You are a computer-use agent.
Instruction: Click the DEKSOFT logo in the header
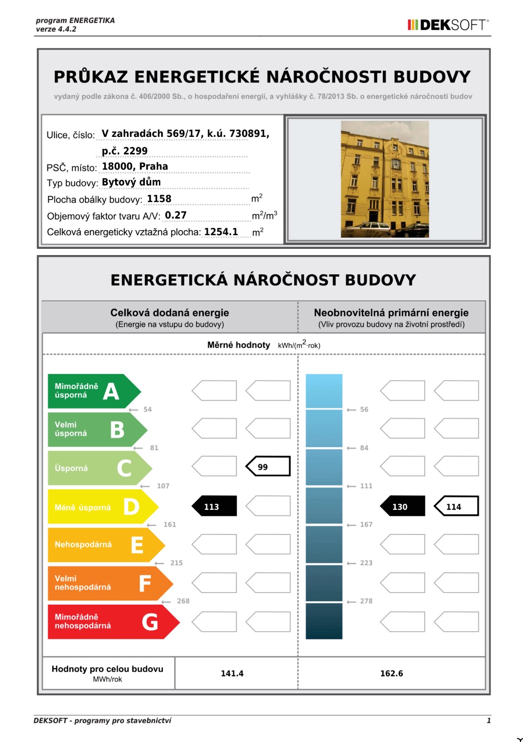coord(448,25)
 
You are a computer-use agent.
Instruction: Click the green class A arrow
coord(93,391)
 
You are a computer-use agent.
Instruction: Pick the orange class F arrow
coord(108,583)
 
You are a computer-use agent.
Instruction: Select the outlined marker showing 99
coord(268,466)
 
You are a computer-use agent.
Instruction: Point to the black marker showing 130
coord(402,506)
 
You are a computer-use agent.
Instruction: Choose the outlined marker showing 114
coord(456,506)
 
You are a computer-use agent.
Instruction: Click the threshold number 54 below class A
coord(147,410)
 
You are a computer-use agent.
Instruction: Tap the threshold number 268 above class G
coord(183,601)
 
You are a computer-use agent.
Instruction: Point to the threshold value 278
coord(366,601)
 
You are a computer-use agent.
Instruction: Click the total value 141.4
coord(232,673)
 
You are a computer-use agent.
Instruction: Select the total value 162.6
coord(391,673)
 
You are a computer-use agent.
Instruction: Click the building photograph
coord(384,179)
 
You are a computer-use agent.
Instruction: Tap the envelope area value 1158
coord(159,199)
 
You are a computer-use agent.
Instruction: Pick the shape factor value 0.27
coord(175,215)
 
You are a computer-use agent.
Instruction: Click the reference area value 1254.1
coord(221,232)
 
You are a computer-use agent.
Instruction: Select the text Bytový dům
coord(131,182)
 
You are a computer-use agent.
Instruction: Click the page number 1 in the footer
coord(488,720)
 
